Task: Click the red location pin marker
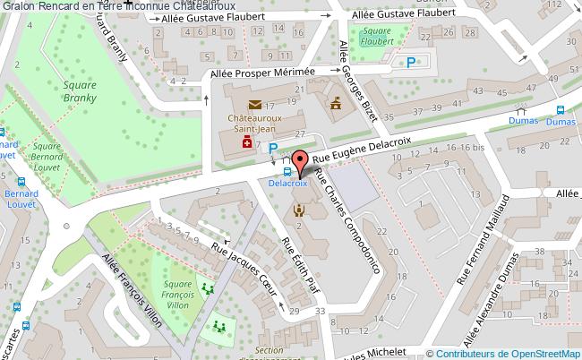[301, 162]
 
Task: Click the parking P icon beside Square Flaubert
[411, 62]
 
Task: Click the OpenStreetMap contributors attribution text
[504, 353]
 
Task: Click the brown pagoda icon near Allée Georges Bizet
[337, 107]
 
